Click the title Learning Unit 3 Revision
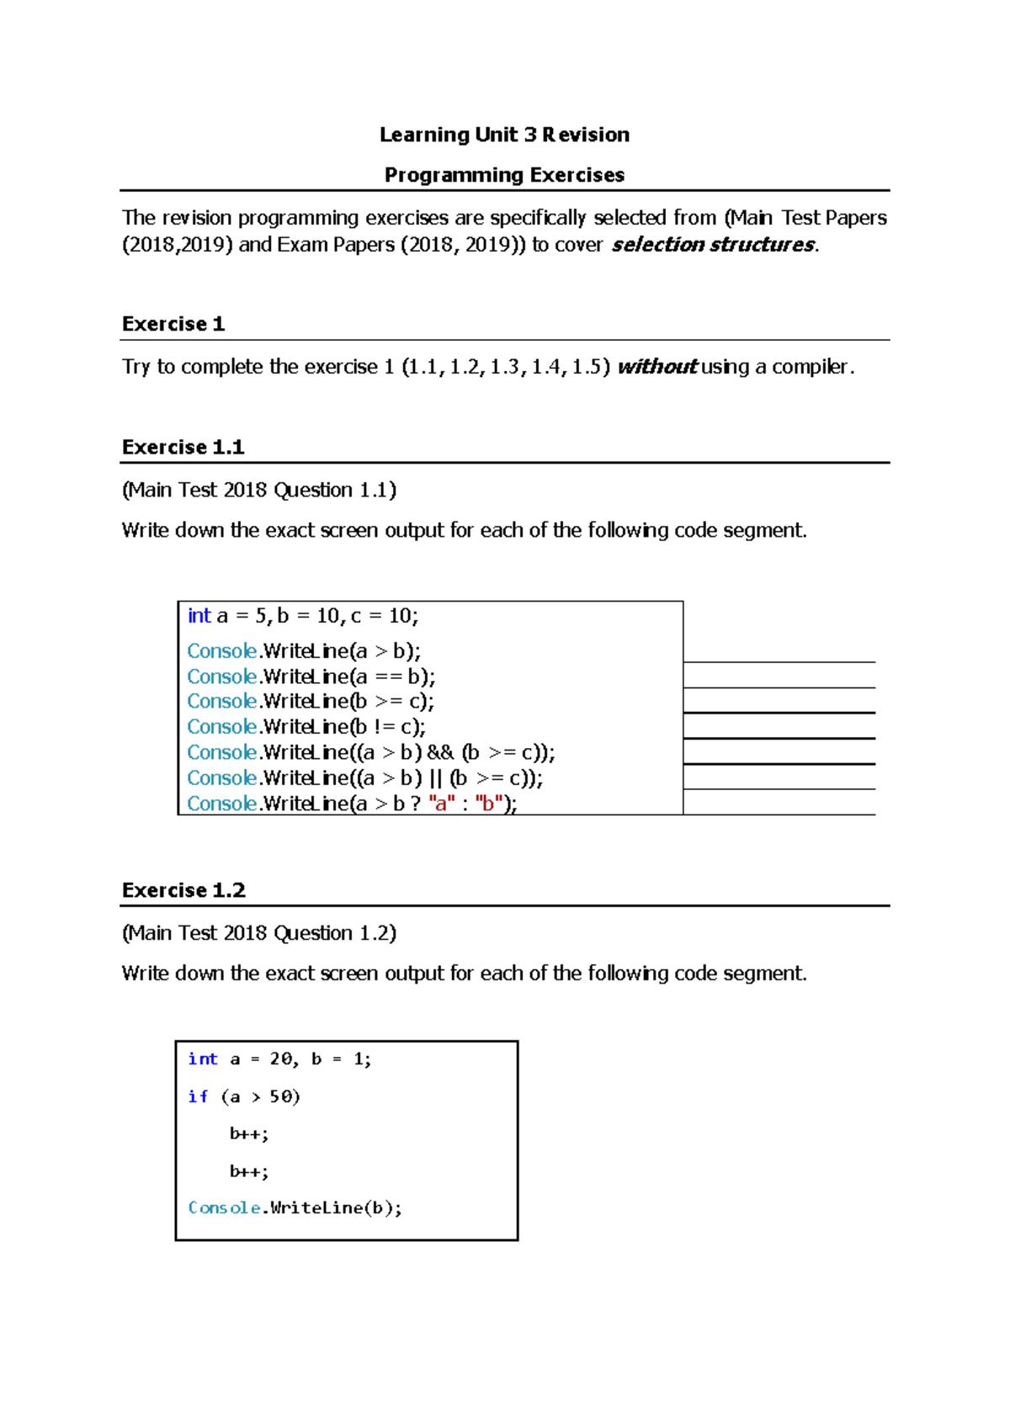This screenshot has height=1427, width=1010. tap(504, 135)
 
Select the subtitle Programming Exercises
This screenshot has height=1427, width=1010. tap(504, 175)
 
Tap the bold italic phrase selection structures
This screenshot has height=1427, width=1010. tap(713, 245)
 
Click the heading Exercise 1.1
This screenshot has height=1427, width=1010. tap(183, 447)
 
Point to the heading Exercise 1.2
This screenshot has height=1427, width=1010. tap(183, 890)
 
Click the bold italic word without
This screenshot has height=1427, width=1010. tap(656, 367)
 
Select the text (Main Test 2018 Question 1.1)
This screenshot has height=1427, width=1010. tap(258, 490)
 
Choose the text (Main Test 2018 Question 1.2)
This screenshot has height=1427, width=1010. tap(258, 933)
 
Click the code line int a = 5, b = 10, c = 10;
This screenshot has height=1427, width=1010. tap(302, 616)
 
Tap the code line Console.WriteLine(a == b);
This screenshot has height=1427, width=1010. tap(311, 676)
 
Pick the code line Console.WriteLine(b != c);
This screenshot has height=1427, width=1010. tap(306, 727)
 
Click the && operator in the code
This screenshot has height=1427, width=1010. tap(440, 752)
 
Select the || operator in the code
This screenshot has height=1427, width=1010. tap(435, 778)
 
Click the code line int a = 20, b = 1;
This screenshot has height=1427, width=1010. tap(279, 1059)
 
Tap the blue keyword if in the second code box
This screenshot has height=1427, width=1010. tap(198, 1096)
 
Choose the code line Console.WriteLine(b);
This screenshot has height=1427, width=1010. tap(295, 1208)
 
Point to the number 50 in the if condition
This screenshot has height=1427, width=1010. tap(280, 1096)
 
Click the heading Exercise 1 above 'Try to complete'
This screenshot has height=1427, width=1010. tap(173, 324)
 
